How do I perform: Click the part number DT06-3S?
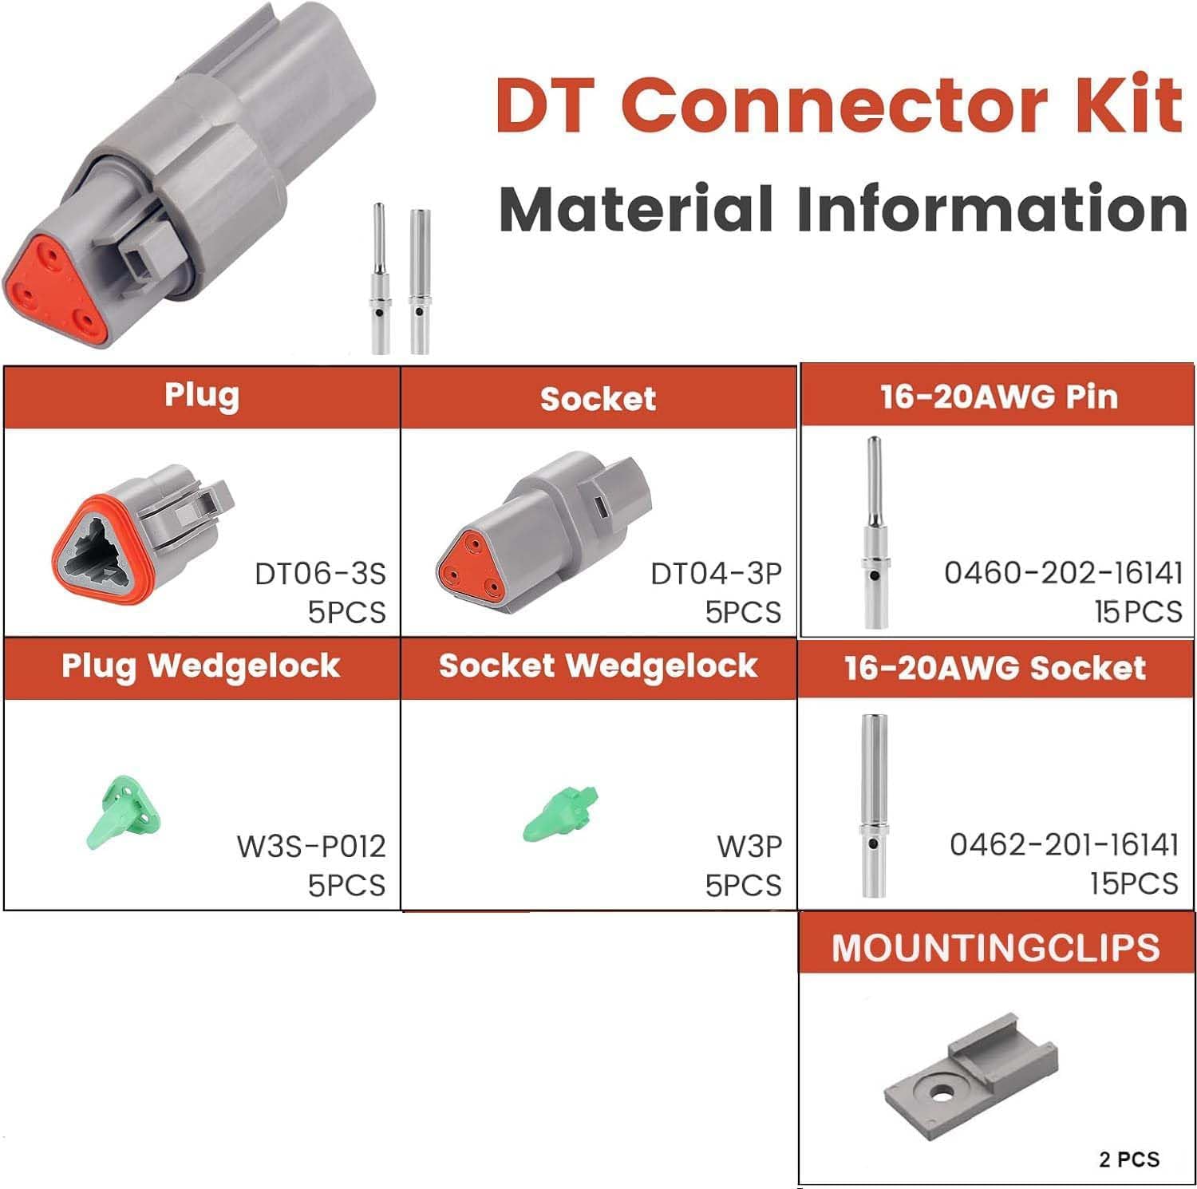(x=319, y=574)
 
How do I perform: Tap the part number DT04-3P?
(x=716, y=574)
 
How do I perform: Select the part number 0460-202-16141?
(x=1063, y=572)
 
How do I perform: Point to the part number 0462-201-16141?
(x=1064, y=844)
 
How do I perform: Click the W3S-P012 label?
(x=311, y=846)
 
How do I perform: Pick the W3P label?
(x=749, y=846)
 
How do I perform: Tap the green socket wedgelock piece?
(x=561, y=814)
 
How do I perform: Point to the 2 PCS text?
(x=1128, y=1159)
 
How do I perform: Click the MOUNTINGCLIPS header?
(x=995, y=948)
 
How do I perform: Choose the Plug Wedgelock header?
(x=201, y=666)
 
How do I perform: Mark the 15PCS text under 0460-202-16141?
(x=1138, y=611)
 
